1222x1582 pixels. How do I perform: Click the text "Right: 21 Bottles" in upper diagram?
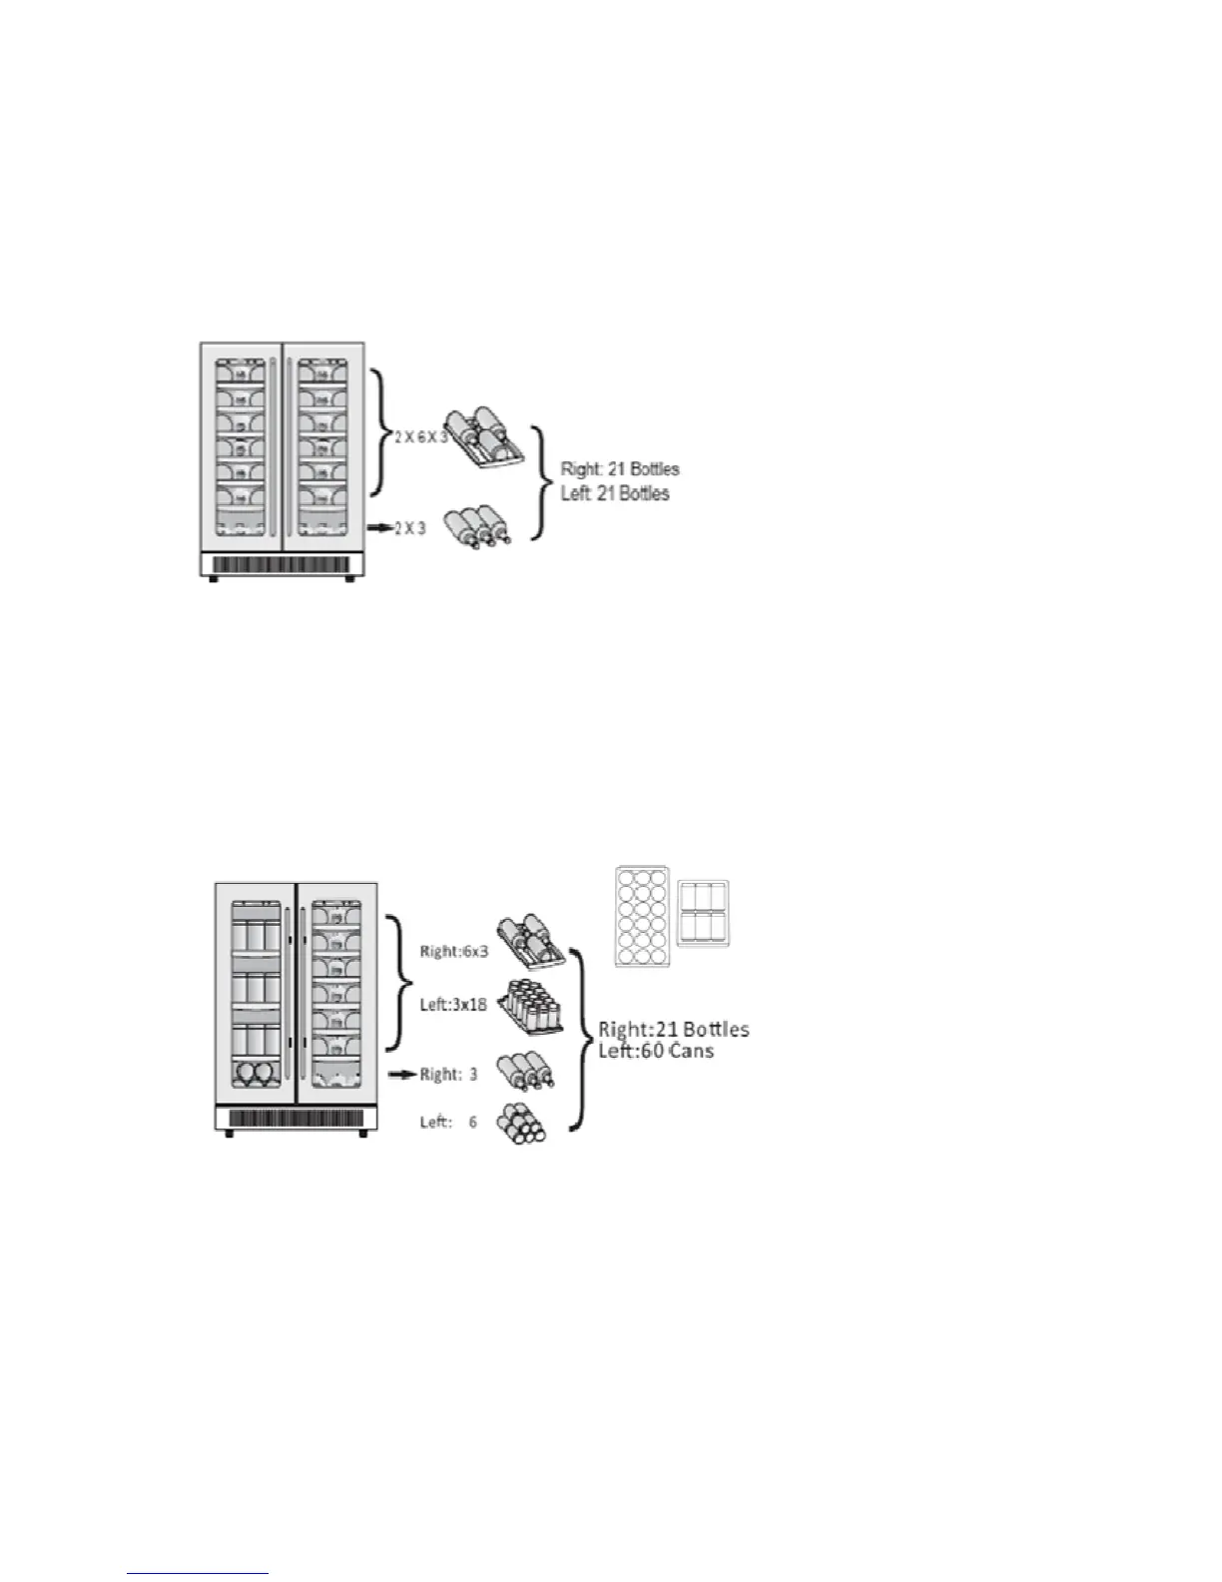[620, 468]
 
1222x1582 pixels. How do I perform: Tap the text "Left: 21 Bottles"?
[615, 493]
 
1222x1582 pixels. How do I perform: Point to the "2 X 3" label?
[410, 527]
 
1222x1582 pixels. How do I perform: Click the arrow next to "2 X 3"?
[379, 527]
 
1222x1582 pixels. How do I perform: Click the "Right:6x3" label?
[453, 952]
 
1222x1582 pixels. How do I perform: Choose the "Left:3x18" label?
[453, 1004]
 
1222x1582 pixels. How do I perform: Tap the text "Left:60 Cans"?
[656, 1050]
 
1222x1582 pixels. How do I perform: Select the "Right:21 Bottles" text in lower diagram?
[674, 1029]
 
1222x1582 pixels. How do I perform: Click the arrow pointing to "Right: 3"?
[401, 1075]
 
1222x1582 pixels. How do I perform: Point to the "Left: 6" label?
[448, 1122]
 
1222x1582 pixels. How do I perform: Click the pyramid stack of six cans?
[522, 1123]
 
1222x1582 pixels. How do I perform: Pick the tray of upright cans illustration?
[529, 1007]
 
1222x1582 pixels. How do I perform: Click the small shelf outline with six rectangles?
[703, 913]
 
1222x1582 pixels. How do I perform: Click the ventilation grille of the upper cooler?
[281, 565]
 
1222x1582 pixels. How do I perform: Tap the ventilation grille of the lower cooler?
[296, 1120]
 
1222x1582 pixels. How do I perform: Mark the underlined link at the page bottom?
[199, 1573]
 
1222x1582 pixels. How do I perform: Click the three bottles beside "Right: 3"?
[525, 1072]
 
